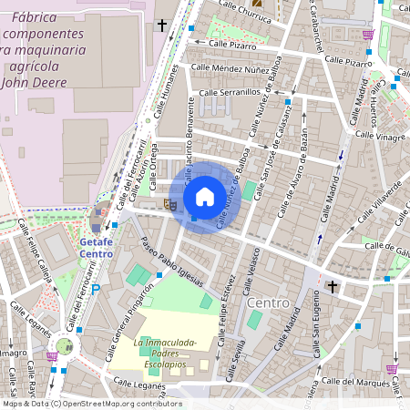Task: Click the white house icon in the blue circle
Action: pyautogui.click(x=205, y=197)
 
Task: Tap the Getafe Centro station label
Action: pyautogui.click(x=96, y=248)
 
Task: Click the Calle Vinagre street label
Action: pyautogui.click(x=379, y=135)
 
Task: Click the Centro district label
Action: pyautogui.click(x=268, y=302)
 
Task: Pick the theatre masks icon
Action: pyautogui.click(x=169, y=205)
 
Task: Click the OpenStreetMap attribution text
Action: pyautogui.click(x=91, y=404)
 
